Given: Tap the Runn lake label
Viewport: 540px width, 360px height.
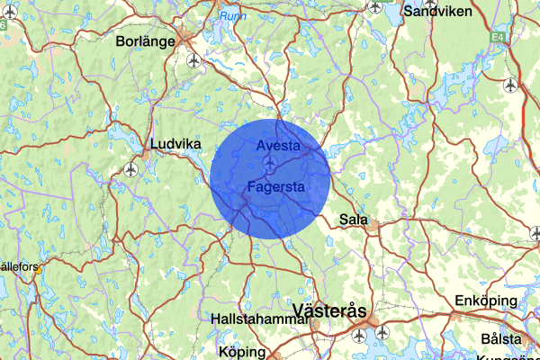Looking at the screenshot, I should (232, 15).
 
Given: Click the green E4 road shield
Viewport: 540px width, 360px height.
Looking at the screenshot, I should (499, 37).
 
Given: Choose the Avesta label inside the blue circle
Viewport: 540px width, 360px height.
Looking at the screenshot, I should (277, 145).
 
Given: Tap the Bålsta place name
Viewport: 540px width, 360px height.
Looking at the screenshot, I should (501, 339).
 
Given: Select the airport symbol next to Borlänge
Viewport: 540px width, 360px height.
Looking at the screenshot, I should (194, 60).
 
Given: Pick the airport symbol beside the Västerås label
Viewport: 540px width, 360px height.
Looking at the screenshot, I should (382, 332).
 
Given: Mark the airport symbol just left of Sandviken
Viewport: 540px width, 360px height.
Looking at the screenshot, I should (375, 6).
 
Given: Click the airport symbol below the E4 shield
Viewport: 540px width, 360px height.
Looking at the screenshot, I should (511, 85).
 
